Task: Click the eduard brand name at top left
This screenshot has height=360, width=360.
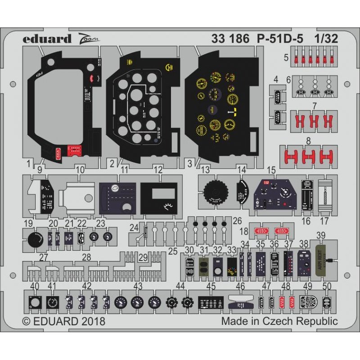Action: [x=47, y=39]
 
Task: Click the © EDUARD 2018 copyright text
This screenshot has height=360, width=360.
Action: [x=63, y=321]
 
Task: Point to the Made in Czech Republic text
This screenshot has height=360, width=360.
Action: [x=279, y=321]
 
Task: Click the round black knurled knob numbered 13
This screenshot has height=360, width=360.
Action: [x=216, y=194]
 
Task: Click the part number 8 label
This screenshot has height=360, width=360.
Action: [x=308, y=141]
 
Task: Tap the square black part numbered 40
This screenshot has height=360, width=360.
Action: [x=34, y=302]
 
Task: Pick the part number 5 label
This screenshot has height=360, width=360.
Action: [x=286, y=58]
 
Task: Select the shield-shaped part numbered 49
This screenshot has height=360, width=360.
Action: [x=308, y=301]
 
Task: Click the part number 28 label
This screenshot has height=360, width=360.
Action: [x=86, y=257]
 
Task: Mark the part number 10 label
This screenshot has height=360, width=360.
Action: [x=80, y=170]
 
